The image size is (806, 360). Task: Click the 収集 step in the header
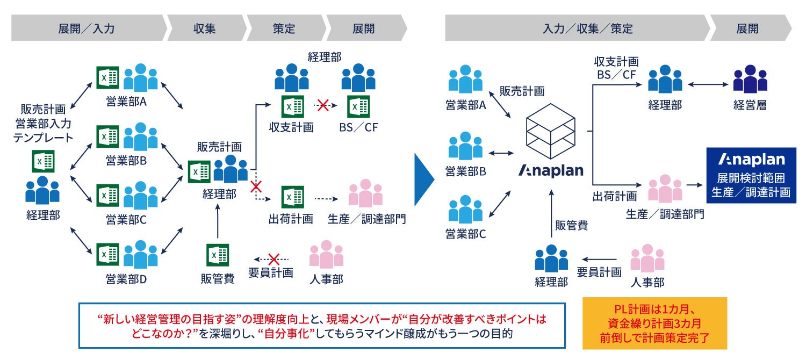pos(204,28)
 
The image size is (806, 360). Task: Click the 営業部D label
pos(127,279)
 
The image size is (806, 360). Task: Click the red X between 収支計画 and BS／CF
pos(322,106)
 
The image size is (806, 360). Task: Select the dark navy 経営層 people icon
pos(750,79)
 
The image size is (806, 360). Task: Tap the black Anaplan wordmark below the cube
pos(551,171)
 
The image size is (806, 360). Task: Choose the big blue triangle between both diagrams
pos(424,179)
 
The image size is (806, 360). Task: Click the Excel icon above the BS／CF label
pos(357,106)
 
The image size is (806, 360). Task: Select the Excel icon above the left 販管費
pos(218,255)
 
